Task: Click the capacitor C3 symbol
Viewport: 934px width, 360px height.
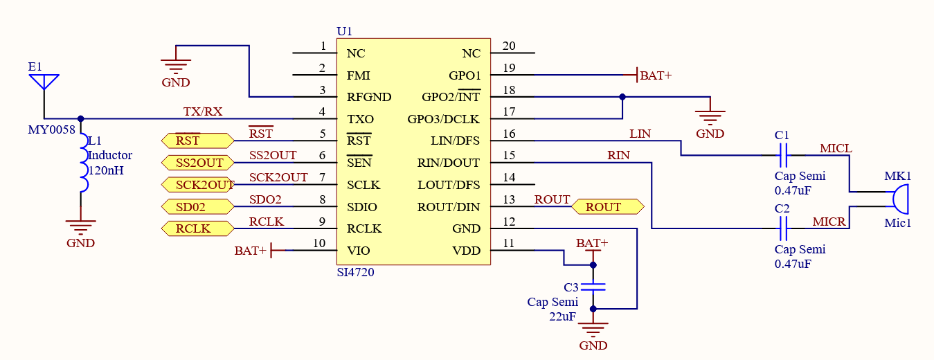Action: click(593, 286)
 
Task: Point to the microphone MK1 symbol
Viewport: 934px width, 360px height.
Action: click(899, 199)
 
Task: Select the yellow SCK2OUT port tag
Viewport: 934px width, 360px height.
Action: click(198, 185)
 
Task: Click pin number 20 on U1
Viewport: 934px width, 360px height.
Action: click(509, 46)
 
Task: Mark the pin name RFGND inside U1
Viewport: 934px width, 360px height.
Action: click(369, 98)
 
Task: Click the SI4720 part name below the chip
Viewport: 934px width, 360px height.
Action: click(355, 273)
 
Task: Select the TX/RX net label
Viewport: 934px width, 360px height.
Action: click(203, 111)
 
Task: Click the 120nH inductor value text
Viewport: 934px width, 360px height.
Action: click(105, 170)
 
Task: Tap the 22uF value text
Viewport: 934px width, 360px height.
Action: click(563, 316)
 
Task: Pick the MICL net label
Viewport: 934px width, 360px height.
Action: click(836, 148)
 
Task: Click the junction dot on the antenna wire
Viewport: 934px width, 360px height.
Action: click(81, 118)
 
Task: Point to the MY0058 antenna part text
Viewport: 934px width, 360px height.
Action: click(51, 130)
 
